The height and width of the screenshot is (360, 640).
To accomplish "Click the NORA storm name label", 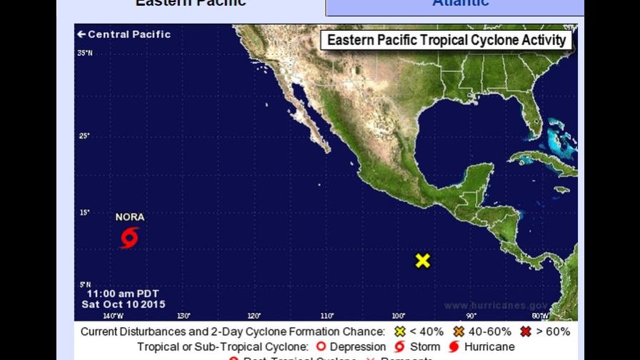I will (x=129, y=217).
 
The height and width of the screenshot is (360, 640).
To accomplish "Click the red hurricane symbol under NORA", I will (x=129, y=238).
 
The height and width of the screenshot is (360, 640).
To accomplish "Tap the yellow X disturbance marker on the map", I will (x=423, y=261).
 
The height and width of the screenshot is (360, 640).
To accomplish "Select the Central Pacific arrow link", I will (x=124, y=34).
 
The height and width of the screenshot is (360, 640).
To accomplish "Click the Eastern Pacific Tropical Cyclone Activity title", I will (x=446, y=40).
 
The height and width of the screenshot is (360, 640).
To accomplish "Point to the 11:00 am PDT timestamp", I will (x=123, y=294).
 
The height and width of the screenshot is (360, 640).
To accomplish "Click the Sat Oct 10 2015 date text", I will (x=123, y=304).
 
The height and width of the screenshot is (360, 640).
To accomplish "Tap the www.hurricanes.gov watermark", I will (x=496, y=306).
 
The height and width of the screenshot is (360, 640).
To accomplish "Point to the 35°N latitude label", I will (x=85, y=53).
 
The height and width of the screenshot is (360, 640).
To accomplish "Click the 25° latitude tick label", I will (x=84, y=136).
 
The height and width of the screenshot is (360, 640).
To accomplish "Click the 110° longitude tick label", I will (x=327, y=316).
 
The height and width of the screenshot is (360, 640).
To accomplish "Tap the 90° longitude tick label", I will (x=471, y=316).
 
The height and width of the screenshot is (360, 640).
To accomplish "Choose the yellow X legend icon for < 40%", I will (x=400, y=331).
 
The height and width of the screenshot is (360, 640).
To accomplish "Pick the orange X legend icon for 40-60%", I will (x=459, y=331).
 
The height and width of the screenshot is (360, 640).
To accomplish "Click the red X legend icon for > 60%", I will (x=526, y=331).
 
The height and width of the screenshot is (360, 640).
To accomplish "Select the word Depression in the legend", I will (x=359, y=347).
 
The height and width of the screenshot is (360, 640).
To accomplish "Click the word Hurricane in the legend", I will (x=489, y=347).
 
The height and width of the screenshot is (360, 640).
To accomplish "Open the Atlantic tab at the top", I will (x=460, y=4).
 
